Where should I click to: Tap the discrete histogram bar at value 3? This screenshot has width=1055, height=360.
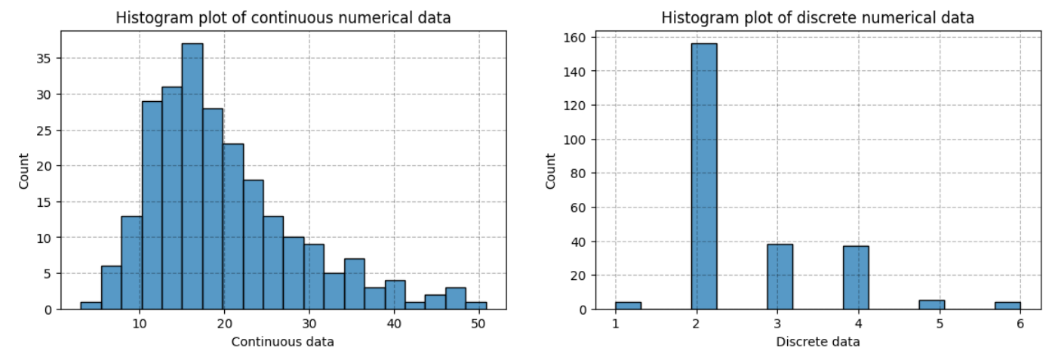click(x=780, y=276)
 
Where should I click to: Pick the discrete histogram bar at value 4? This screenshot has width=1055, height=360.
click(x=856, y=277)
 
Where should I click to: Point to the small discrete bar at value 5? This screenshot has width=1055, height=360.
click(x=932, y=304)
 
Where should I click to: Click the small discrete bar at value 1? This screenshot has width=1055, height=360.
click(x=628, y=305)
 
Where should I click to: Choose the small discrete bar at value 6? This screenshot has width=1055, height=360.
click(x=1007, y=305)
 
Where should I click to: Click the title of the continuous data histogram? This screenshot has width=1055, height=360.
click(x=283, y=17)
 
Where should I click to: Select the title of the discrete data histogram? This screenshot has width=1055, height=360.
click(x=818, y=17)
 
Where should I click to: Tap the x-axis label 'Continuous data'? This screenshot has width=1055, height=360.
click(x=283, y=342)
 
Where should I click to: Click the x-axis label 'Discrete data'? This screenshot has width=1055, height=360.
click(x=818, y=342)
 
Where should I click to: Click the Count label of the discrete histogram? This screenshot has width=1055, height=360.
click(x=551, y=171)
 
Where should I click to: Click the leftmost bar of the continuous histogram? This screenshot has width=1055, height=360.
click(x=91, y=305)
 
